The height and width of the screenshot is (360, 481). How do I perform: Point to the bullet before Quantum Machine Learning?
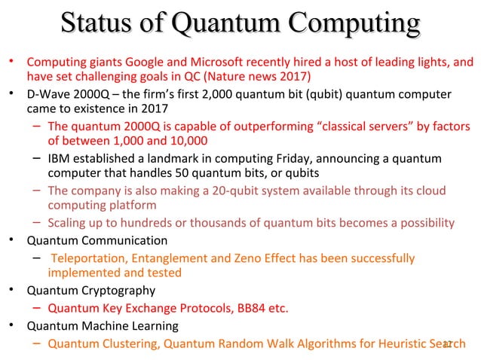(x=11, y=326)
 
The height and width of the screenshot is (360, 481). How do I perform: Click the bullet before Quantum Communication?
(x=11, y=241)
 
